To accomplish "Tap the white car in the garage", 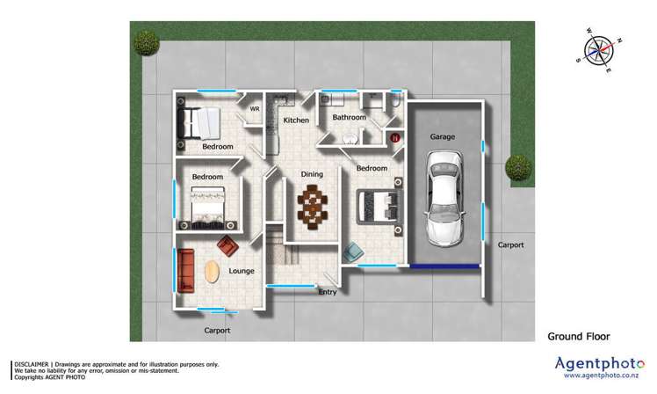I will pos(444,198).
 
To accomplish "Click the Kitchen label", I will pos(296,120).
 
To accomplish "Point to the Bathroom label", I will pos(349,117).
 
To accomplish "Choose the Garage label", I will pos(442,137).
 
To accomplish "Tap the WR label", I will pos(256,109).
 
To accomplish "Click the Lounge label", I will pos(242,271).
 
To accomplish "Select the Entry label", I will pos(327,292).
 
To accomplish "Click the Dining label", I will pos(313,174).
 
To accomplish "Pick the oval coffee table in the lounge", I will pos(213,273).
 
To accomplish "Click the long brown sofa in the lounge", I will pos(185,271).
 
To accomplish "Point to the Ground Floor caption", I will pos(578,335).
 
